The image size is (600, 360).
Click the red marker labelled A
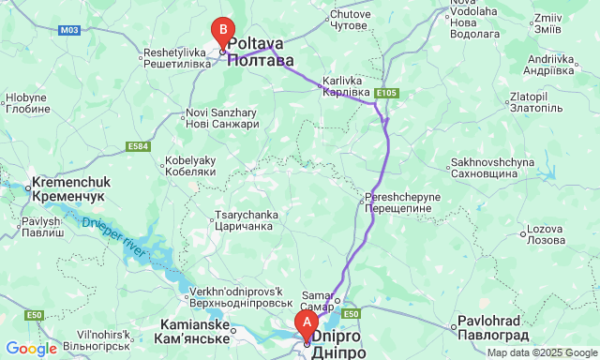tap(305, 325)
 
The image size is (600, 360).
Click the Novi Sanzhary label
tap(221, 119)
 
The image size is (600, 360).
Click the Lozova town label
tap(543, 234)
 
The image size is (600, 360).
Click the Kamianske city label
tap(192, 330)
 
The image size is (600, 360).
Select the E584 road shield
tap(139, 146)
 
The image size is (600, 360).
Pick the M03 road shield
tap(68, 30)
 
